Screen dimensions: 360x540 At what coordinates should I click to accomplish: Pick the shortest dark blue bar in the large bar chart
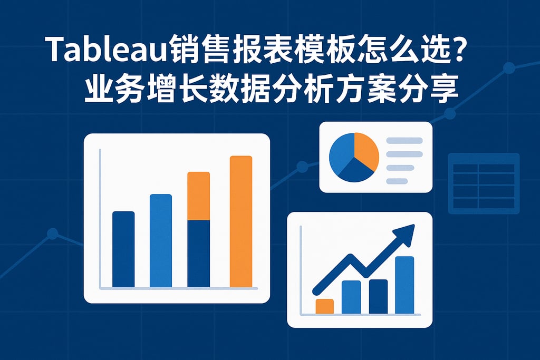coord(123,249)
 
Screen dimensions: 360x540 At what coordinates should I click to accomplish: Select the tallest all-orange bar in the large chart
coord(241,221)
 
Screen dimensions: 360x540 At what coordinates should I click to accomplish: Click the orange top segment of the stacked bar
coord(199,196)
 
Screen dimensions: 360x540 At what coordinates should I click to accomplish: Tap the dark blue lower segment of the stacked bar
coord(199,254)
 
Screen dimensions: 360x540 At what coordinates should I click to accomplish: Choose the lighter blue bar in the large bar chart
coord(161,240)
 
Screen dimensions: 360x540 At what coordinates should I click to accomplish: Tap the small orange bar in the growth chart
coord(324,306)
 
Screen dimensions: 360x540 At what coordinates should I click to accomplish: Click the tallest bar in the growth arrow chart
coord(404,285)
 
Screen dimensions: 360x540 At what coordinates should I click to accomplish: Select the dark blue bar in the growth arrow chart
coord(378,296)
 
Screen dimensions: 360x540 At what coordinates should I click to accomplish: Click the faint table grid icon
coord(483,183)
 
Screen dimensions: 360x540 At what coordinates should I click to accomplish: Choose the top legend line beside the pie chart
coord(404,141)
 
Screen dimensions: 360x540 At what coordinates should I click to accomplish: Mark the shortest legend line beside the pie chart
coord(397,181)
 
